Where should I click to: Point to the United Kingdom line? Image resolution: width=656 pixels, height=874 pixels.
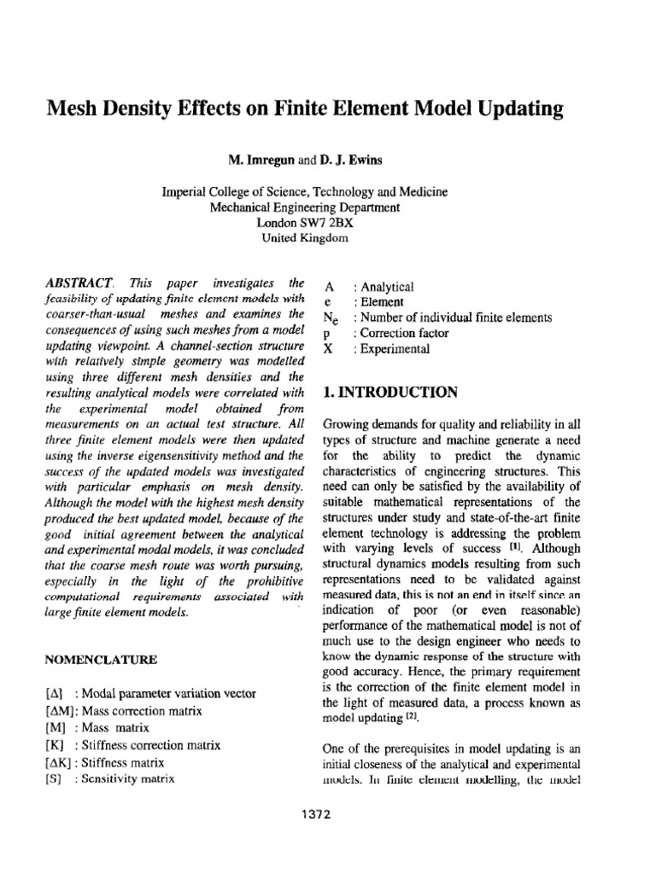click(x=305, y=238)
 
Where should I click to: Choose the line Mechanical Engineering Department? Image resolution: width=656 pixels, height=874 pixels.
click(x=305, y=207)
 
